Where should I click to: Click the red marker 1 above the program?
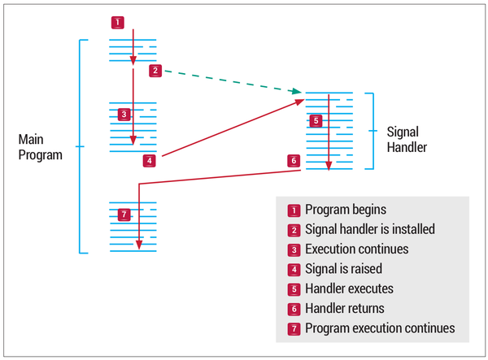coord(118,22)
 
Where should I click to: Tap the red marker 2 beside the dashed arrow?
coord(155,71)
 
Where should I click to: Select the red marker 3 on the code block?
coord(123,115)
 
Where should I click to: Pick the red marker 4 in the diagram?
coord(149,161)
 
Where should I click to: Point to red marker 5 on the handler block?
coord(316,120)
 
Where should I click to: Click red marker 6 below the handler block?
coord(293,161)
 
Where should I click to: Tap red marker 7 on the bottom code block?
coord(123,215)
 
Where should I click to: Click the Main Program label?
coord(40,147)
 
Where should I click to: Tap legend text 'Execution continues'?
coord(356,249)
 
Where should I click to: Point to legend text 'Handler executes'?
coord(349,288)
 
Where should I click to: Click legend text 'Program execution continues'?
coord(379,327)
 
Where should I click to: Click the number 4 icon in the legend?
coord(294,269)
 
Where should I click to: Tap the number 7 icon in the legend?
coord(294,327)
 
